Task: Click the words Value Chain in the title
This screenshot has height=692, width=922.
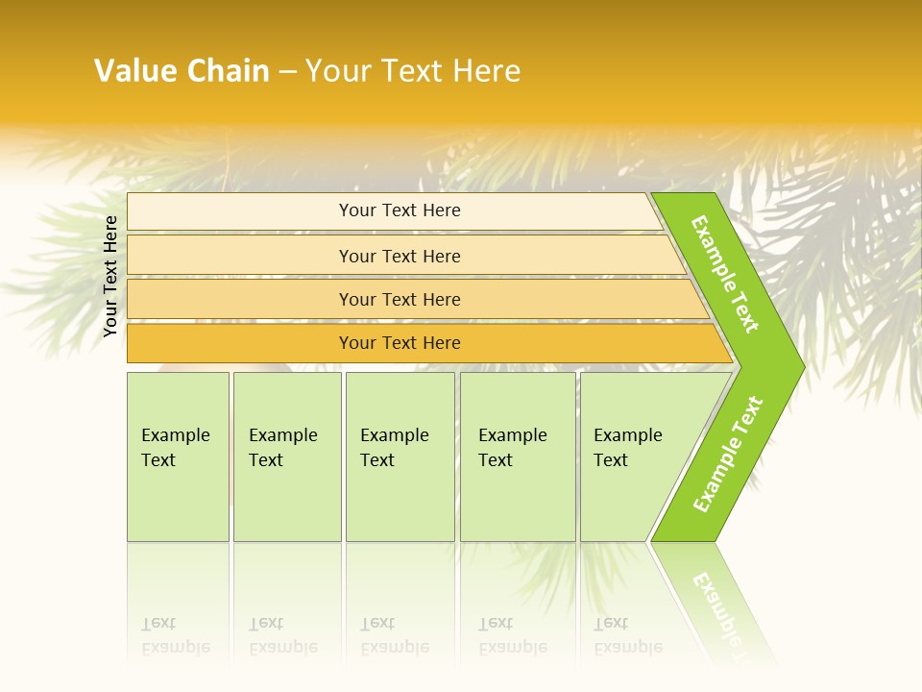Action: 182,71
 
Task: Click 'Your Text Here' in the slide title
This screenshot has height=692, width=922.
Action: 413,71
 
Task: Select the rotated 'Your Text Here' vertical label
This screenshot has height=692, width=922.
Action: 110,276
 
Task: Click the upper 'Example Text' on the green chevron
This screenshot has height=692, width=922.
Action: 725,274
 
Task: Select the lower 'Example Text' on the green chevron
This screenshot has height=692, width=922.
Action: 728,455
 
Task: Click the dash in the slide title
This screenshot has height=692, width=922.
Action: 287,71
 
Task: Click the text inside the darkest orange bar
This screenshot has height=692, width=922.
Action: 400,343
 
